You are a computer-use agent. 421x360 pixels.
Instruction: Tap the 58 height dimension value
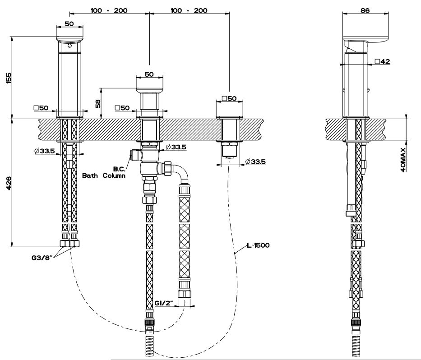[x=98, y=103]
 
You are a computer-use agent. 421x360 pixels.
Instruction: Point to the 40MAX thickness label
[x=403, y=158]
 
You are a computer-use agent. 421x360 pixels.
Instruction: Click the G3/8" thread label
[x=42, y=258]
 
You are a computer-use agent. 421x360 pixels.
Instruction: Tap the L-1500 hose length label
[x=258, y=245]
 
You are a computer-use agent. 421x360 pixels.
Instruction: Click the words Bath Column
[x=103, y=175]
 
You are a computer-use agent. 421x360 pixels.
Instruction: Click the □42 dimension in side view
[x=382, y=61]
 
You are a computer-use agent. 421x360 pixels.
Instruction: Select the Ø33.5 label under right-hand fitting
[x=255, y=162]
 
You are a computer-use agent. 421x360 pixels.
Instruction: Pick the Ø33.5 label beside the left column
[x=44, y=151]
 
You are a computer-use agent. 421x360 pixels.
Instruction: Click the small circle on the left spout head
[x=69, y=46]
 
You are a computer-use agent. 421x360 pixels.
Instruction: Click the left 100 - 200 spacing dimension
[x=109, y=10]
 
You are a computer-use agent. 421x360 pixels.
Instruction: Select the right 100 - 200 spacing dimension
[x=190, y=10]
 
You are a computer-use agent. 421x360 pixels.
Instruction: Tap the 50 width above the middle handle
[x=149, y=74]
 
